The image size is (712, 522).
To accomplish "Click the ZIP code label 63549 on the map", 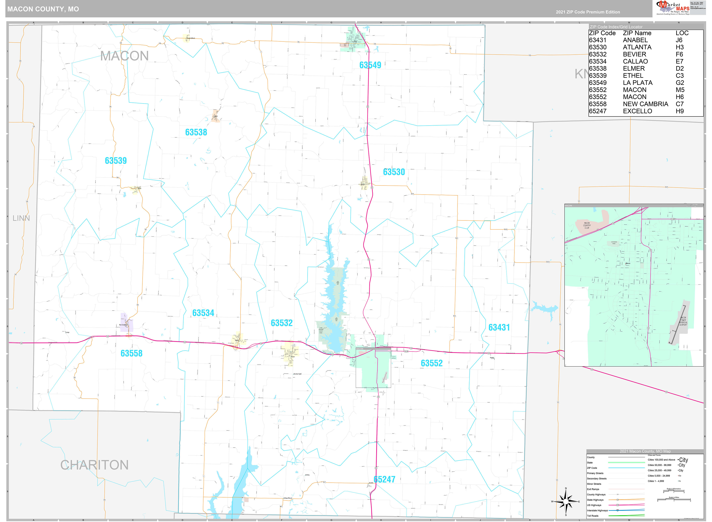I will pyautogui.click(x=370, y=65).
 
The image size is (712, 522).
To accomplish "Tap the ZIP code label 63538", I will pyautogui.click(x=196, y=132).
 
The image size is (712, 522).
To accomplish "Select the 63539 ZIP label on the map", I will pyautogui.click(x=116, y=161).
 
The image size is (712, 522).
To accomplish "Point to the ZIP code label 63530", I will pyautogui.click(x=394, y=172).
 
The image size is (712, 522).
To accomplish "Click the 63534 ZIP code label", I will pyautogui.click(x=203, y=313).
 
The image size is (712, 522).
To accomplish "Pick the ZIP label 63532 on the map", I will pyautogui.click(x=282, y=323).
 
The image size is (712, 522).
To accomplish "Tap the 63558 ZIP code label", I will pyautogui.click(x=132, y=353).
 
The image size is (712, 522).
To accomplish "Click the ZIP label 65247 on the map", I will pyautogui.click(x=384, y=479).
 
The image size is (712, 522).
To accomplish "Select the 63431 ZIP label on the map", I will pyautogui.click(x=499, y=327).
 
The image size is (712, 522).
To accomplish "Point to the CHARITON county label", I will pyautogui.click(x=94, y=465).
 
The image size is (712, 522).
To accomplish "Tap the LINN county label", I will pyautogui.click(x=21, y=218).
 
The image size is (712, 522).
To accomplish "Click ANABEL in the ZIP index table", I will pyautogui.click(x=635, y=40).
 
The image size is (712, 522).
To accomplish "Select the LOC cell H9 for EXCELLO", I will pyautogui.click(x=679, y=111).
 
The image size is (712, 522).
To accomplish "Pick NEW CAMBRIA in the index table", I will pyautogui.click(x=645, y=104).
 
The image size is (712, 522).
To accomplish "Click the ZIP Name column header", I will pyautogui.click(x=637, y=33).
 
